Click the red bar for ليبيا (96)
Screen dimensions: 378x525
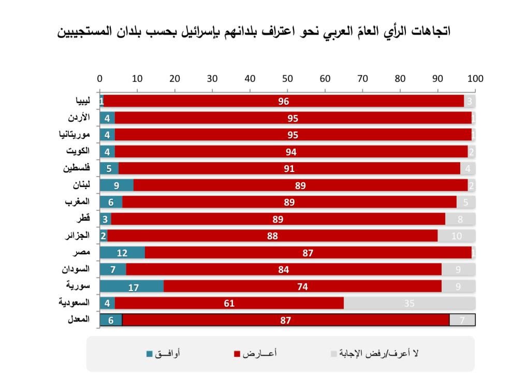(x=284, y=101)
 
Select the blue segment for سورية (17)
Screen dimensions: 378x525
(x=132, y=286)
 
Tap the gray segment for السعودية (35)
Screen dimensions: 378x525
(x=410, y=303)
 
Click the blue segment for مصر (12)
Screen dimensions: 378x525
(x=122, y=253)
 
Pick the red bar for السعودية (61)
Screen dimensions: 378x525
(x=229, y=303)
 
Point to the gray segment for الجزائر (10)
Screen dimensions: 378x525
(x=456, y=236)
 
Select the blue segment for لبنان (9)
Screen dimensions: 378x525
(x=116, y=185)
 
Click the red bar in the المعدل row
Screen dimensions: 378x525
(x=286, y=320)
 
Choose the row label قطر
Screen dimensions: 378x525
(x=83, y=219)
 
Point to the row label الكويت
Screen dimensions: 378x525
(x=78, y=151)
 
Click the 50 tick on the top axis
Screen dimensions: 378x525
(x=287, y=79)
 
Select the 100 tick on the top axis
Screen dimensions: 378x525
(x=475, y=79)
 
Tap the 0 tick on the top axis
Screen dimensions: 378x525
(x=100, y=79)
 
